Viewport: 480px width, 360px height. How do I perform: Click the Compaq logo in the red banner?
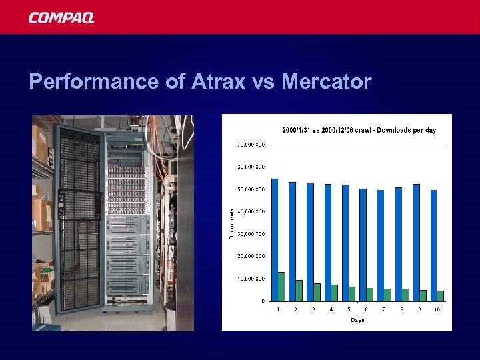[61, 18]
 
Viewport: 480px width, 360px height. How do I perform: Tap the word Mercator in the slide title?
[326, 82]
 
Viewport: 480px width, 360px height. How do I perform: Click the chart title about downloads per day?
[359, 130]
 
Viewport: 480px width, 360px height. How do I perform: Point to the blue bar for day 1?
[275, 239]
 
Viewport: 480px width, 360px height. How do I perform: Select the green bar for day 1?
[281, 286]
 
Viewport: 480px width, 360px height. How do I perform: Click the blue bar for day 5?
[345, 243]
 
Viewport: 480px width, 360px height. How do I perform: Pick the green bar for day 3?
[317, 292]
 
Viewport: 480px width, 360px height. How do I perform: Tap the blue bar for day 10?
[434, 245]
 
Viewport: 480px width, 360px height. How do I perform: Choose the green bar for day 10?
[441, 295]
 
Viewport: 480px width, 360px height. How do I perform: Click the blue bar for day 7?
[381, 245]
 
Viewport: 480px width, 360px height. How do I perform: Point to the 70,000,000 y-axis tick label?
[251, 145]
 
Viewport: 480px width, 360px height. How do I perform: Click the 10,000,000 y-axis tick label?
[251, 278]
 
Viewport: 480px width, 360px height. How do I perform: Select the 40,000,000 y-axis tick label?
[251, 211]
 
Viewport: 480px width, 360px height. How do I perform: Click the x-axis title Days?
[358, 320]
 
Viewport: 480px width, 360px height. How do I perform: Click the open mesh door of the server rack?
[78, 220]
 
